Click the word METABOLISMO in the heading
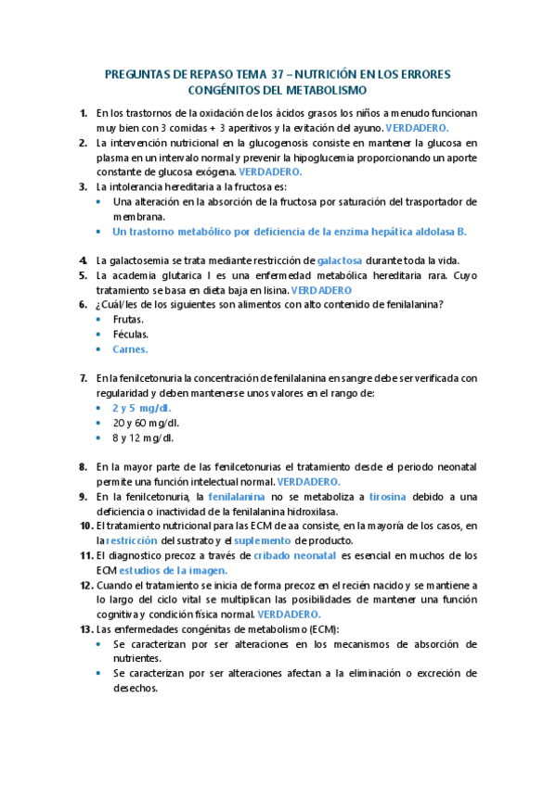click(x=326, y=90)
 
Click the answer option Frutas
click(x=129, y=319)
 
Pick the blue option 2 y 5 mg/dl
click(x=142, y=408)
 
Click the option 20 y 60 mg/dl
click(x=146, y=423)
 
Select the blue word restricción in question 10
click(x=131, y=540)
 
